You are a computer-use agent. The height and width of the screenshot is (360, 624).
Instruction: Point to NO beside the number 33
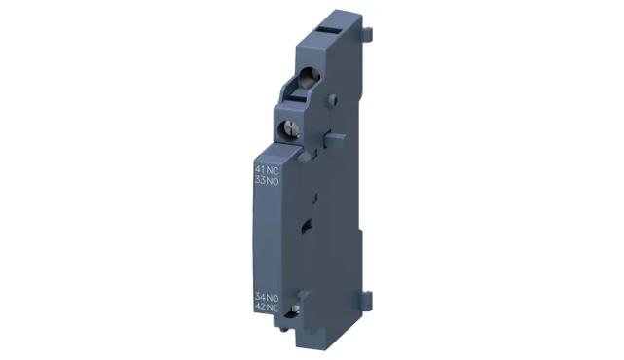coord(272,179)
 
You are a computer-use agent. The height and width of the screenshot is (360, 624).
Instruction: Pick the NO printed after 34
coord(272,296)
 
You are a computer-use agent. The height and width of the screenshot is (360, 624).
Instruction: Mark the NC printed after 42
coord(272,306)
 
